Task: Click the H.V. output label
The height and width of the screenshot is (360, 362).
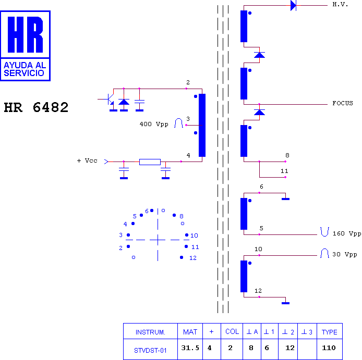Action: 340,4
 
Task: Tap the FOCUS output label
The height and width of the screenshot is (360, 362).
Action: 343,103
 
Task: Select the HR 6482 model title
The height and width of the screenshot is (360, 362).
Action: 36,107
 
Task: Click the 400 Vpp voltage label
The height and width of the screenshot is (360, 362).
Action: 154,124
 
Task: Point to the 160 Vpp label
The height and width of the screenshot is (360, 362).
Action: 347,233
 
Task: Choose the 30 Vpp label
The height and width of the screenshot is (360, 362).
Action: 345,254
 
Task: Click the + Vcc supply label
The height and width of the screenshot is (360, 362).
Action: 87,160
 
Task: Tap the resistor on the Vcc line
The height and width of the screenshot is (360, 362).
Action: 150,162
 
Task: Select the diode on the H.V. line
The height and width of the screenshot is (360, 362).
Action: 294,5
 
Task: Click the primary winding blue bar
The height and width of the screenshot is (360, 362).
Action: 202,125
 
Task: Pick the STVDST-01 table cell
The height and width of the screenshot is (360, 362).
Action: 150,351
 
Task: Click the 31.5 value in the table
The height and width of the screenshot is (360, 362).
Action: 190,348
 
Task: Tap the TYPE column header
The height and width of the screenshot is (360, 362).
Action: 330,332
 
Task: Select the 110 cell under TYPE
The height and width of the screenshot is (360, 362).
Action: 329,348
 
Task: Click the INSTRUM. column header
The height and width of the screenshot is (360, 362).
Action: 150,332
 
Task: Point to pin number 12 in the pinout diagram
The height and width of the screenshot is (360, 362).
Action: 193,258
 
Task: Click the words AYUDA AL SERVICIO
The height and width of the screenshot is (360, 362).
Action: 25,69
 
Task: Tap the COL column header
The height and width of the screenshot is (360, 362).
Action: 232,332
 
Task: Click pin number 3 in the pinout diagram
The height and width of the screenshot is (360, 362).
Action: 120,235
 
